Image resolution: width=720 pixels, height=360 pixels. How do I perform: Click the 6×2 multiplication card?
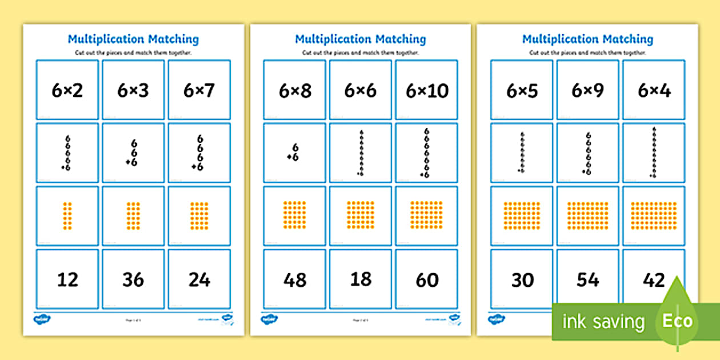tap(67, 90)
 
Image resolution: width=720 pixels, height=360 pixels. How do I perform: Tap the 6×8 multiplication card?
tap(295, 90)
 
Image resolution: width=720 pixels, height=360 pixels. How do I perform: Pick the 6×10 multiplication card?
tap(427, 90)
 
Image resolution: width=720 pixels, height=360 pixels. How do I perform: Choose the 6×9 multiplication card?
tap(588, 90)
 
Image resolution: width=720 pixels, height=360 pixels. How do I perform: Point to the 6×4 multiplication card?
tap(654, 90)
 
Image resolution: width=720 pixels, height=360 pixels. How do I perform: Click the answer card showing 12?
tap(67, 279)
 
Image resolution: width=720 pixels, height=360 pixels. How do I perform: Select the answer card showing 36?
tap(133, 279)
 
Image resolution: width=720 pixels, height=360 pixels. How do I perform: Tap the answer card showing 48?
tap(295, 279)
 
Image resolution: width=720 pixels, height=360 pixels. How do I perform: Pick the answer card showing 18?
tap(361, 279)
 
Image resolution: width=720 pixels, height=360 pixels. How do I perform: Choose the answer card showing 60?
tap(427, 279)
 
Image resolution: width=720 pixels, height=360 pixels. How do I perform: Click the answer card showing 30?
tap(522, 279)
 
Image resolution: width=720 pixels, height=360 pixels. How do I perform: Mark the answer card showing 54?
tap(588, 279)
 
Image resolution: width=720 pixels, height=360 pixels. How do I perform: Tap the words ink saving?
tap(603, 322)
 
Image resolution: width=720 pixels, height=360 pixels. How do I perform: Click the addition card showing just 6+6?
tap(295, 153)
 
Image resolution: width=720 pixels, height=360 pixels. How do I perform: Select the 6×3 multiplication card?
tap(133, 90)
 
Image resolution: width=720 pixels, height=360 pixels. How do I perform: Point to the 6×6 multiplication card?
tap(361, 90)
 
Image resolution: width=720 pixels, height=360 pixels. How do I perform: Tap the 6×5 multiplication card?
tap(522, 90)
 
